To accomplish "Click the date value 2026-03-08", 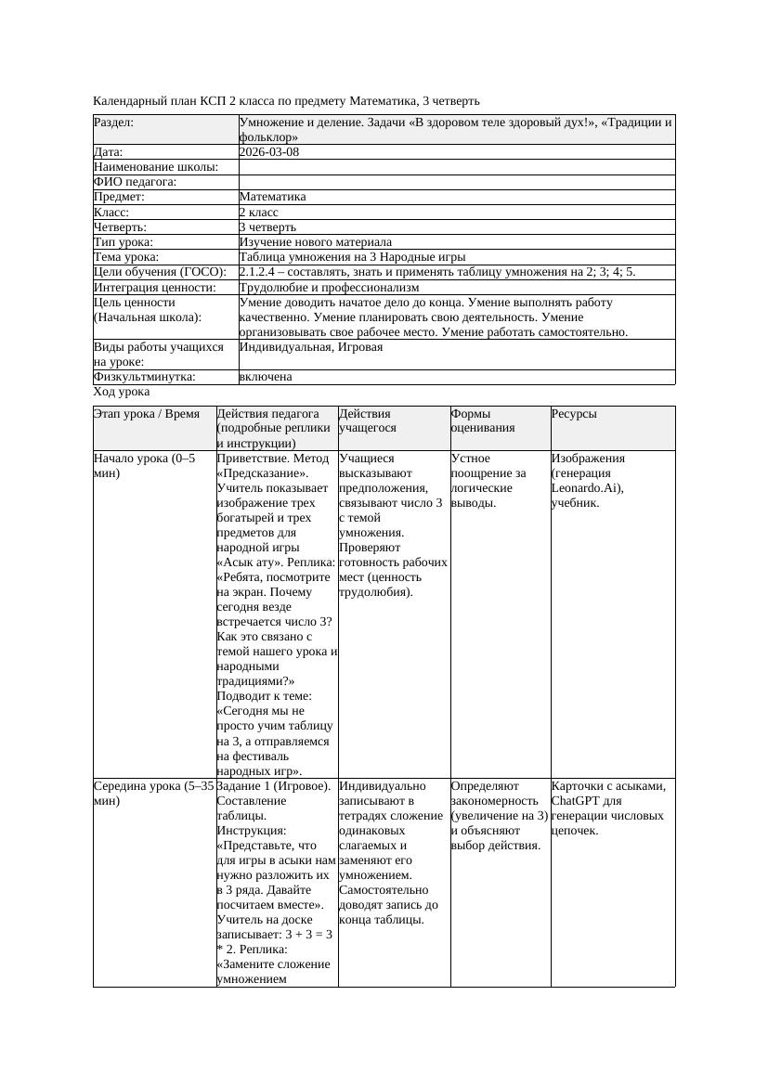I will point(269,152).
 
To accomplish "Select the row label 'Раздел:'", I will point(114,123).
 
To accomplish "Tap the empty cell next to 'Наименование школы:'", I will point(456,167).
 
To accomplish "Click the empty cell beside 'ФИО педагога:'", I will point(456,182).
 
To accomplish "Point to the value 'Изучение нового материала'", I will point(316,242).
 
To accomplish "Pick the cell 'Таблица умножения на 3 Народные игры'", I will point(352,257).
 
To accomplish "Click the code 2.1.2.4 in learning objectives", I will point(261,272).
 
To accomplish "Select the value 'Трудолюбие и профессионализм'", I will point(330,288).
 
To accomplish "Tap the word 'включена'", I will point(266,377).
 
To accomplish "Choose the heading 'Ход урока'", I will point(122,393).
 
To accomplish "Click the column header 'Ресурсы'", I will point(574,414).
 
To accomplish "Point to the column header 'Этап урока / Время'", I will point(147,414).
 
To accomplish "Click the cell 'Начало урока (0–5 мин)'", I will point(145,466).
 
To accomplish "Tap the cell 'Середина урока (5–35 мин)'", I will point(153,794).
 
